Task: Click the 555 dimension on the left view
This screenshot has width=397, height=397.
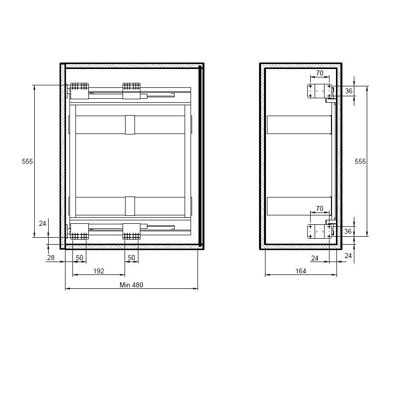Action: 27,161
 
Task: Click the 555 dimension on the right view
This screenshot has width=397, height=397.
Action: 360,161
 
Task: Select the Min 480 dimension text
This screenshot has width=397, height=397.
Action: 131,285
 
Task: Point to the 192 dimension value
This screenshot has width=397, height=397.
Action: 99,271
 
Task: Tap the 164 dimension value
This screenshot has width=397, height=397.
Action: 301,271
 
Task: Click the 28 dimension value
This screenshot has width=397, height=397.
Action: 51,258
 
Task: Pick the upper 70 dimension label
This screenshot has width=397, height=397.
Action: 320,73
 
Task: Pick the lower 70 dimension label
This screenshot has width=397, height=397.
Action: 320,208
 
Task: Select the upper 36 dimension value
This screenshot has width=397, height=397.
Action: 348,91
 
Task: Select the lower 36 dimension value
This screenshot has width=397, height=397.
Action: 348,231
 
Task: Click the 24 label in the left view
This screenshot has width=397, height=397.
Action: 43,224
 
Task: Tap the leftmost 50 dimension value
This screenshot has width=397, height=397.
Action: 79,258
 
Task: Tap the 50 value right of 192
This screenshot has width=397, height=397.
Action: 131,258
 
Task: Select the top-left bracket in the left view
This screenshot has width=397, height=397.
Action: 79,91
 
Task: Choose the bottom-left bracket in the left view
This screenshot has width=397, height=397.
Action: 79,231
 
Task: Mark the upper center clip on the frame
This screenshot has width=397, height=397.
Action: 130,125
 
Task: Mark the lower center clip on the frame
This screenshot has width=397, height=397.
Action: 130,206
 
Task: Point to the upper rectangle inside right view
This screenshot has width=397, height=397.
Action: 299,125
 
